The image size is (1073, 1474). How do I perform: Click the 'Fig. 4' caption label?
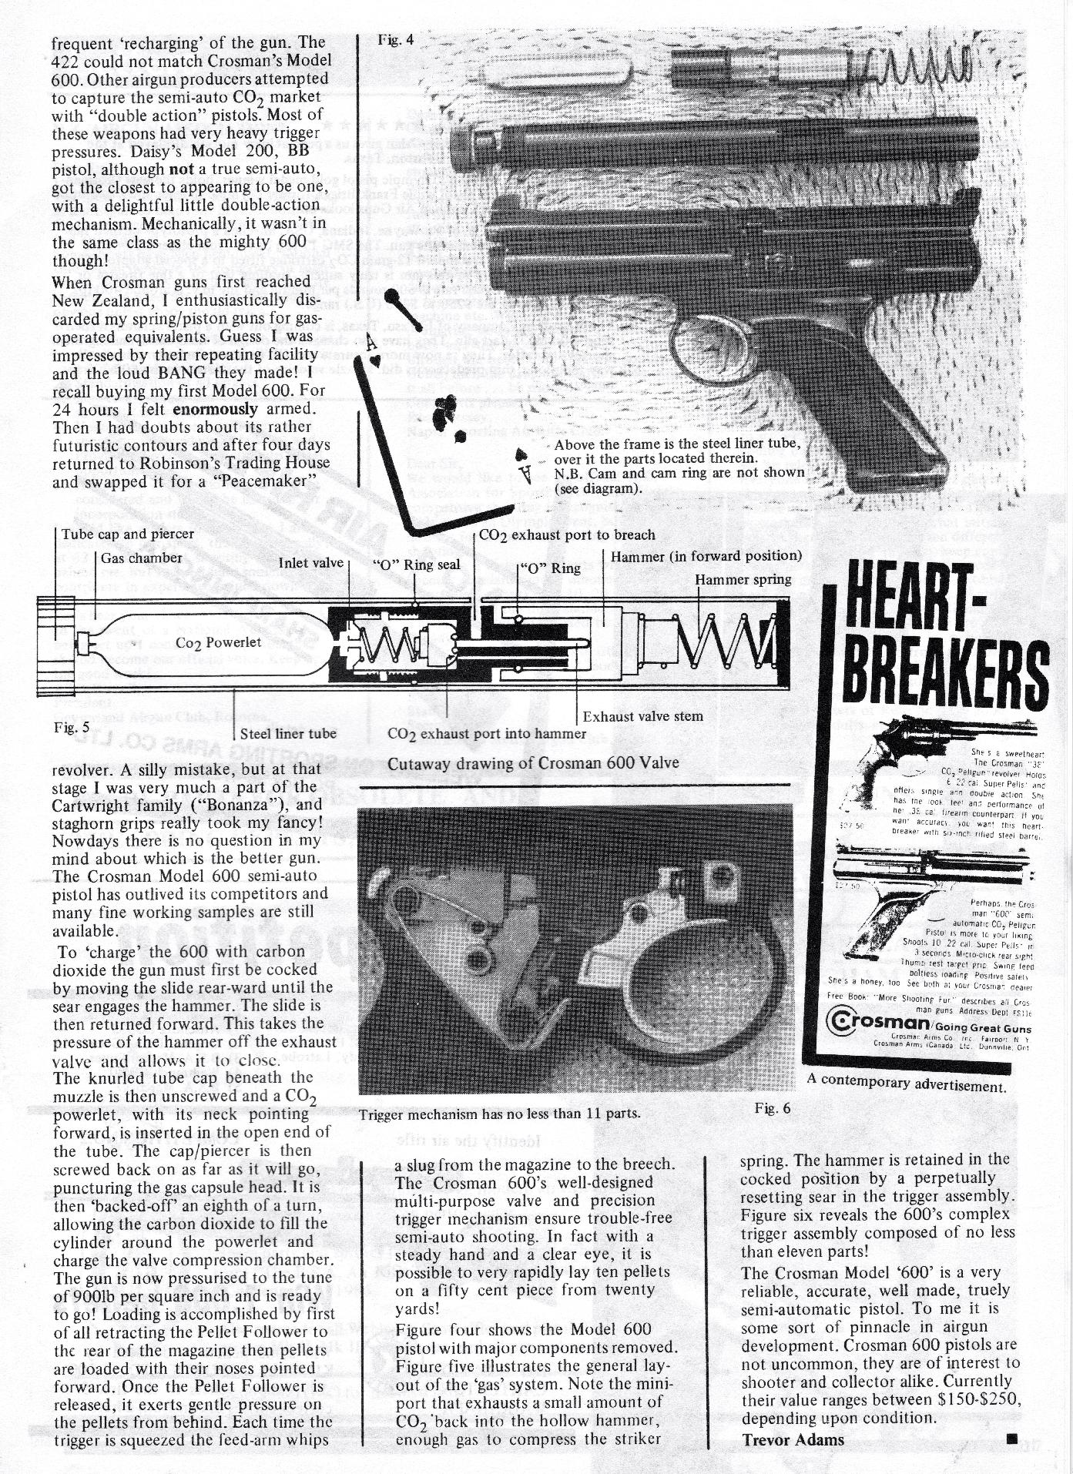pos(395,40)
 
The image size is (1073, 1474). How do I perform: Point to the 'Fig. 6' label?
pos(773,1108)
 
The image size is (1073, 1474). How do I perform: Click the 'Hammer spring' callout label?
pos(743,579)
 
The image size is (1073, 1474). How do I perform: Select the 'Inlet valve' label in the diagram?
pos(310,563)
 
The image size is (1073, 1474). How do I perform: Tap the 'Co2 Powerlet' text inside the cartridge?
pos(219,642)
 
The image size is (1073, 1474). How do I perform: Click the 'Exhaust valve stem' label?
pos(642,716)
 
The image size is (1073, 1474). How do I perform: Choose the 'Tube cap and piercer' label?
pos(128,534)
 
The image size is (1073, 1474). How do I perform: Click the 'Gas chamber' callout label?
pos(142,558)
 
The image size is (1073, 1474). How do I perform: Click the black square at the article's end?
pos(1012,1438)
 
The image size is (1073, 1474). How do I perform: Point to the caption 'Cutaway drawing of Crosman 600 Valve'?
pos(533,763)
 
